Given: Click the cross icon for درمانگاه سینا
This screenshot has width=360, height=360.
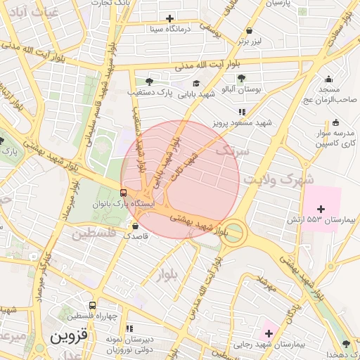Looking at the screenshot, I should tap(169, 18).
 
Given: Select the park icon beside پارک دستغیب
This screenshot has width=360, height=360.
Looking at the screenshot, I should tap(148, 82).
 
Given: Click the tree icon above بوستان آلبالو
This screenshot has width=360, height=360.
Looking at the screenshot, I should tap(241, 78).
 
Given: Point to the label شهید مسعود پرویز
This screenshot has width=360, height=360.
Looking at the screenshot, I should tap(243, 123).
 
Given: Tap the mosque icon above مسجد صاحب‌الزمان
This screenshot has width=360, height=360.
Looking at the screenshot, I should tap(328, 79).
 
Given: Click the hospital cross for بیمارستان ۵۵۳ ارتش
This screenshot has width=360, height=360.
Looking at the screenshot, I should tap(321, 209).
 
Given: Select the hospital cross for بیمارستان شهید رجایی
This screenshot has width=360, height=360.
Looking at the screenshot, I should tap(268, 333).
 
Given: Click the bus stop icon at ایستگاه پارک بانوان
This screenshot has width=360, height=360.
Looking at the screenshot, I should tap(124, 193).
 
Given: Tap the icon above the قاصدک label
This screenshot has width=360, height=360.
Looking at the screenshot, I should tap(136, 226).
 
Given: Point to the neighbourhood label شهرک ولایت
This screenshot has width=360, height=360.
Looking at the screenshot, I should tap(278, 180).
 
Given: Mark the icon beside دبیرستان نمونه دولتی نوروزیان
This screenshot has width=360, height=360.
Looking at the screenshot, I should tap(129, 328).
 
